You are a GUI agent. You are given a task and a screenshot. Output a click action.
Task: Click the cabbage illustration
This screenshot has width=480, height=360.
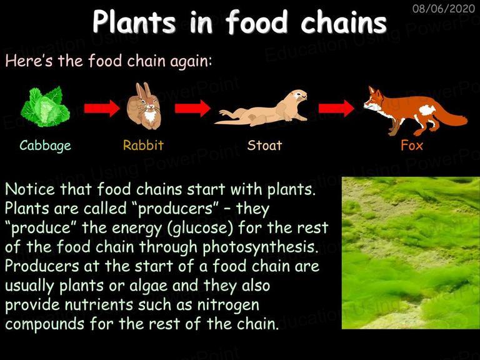45,106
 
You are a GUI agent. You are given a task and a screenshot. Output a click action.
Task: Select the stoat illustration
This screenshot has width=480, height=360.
261,108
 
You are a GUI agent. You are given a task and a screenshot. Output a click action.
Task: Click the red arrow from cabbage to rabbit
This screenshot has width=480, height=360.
102,108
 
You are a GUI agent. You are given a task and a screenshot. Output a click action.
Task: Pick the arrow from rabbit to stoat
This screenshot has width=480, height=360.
192,108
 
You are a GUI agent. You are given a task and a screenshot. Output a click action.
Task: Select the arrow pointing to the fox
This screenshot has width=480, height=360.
336,108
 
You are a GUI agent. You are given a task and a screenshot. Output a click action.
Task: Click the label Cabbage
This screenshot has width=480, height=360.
45,146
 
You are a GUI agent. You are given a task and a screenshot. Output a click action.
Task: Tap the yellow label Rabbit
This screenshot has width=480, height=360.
143,145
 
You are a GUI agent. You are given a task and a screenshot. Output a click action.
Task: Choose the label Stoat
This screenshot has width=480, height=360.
264,145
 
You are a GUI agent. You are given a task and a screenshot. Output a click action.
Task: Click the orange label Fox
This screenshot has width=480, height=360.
412,145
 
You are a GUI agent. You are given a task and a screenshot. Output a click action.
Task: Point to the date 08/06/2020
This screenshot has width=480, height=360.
444,8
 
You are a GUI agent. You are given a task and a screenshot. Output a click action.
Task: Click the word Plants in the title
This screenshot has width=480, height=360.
134,22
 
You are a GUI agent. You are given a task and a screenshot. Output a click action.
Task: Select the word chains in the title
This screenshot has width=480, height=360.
344,22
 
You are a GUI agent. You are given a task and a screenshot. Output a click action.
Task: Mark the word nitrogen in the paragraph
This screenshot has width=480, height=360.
228,306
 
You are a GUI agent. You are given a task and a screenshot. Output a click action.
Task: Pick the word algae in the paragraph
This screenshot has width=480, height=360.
149,286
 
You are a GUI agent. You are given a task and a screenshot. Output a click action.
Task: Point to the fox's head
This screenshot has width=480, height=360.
374,99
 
